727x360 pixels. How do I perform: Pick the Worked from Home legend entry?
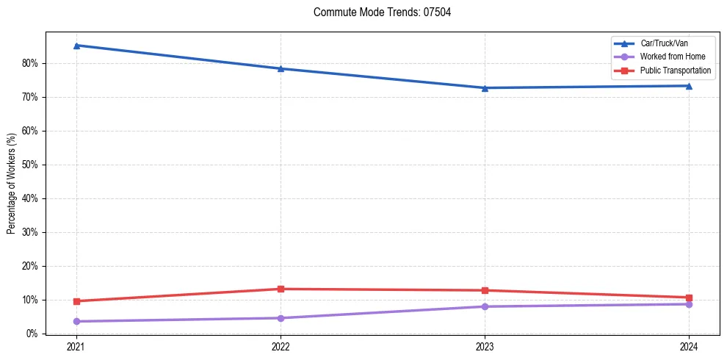click(671, 57)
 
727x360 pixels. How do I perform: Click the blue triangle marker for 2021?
click(76, 46)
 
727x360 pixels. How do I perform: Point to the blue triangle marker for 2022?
click(281, 68)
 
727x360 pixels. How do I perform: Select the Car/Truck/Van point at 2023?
click(485, 88)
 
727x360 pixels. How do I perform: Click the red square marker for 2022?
click(281, 289)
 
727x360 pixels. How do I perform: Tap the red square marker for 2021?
click(76, 301)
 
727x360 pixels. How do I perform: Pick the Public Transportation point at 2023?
click(485, 290)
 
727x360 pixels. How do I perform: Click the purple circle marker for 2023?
click(485, 306)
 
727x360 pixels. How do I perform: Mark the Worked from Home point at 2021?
click(76, 321)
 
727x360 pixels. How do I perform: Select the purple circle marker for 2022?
click(281, 318)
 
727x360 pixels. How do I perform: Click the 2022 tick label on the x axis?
click(281, 346)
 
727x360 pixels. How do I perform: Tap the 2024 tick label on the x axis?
click(689, 346)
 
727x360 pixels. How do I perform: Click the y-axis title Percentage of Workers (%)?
click(11, 184)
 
